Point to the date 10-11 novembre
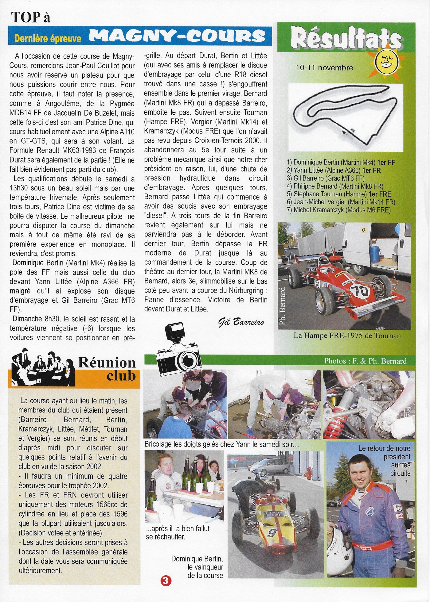point(324,68)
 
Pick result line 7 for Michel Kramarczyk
point(342,210)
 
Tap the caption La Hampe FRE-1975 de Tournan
point(347,335)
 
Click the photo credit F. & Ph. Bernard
point(365,361)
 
